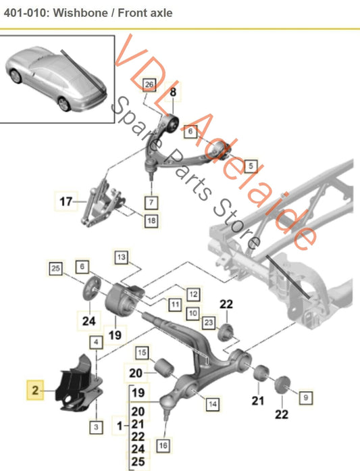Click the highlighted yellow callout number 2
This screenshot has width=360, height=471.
(34, 390)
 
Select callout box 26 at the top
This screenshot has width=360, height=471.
(150, 84)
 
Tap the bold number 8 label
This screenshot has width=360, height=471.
(172, 92)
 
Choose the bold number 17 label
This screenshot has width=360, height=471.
(65, 200)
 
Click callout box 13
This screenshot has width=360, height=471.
(121, 257)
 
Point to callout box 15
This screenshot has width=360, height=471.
(143, 352)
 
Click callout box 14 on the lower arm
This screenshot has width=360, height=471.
(212, 404)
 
